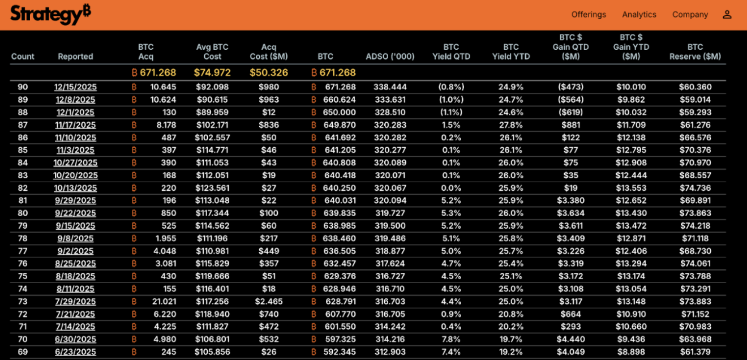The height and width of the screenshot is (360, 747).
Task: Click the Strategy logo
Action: coord(50,14)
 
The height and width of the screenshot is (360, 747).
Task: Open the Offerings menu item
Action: coord(589,15)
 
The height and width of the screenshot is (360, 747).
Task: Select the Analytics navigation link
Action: coord(639,15)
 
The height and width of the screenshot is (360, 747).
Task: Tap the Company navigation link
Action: coord(690,15)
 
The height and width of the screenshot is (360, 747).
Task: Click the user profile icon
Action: coord(727,15)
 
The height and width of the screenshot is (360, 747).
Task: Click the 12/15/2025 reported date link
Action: coord(75,87)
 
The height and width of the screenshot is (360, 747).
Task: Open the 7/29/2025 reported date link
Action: coord(75,302)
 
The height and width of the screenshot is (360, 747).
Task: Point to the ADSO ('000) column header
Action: coord(390,57)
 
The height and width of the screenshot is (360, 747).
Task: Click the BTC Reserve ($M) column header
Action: coord(695,52)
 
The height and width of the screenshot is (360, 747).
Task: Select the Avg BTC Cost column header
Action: coord(212,52)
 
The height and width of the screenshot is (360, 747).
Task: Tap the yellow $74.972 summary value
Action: coord(212,72)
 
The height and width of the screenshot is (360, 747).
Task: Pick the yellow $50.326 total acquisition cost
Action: coord(269,72)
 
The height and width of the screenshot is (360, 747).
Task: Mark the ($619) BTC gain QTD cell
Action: coord(570,112)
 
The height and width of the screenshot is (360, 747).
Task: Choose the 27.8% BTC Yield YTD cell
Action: coord(511,125)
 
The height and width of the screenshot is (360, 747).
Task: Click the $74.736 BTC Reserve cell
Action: coord(695,188)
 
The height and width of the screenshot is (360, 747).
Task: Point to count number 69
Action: coord(23,352)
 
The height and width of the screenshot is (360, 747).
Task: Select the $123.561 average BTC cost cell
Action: coord(212,188)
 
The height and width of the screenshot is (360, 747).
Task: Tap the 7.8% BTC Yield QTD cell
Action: coord(451,339)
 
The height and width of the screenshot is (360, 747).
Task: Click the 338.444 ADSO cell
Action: coord(390,87)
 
